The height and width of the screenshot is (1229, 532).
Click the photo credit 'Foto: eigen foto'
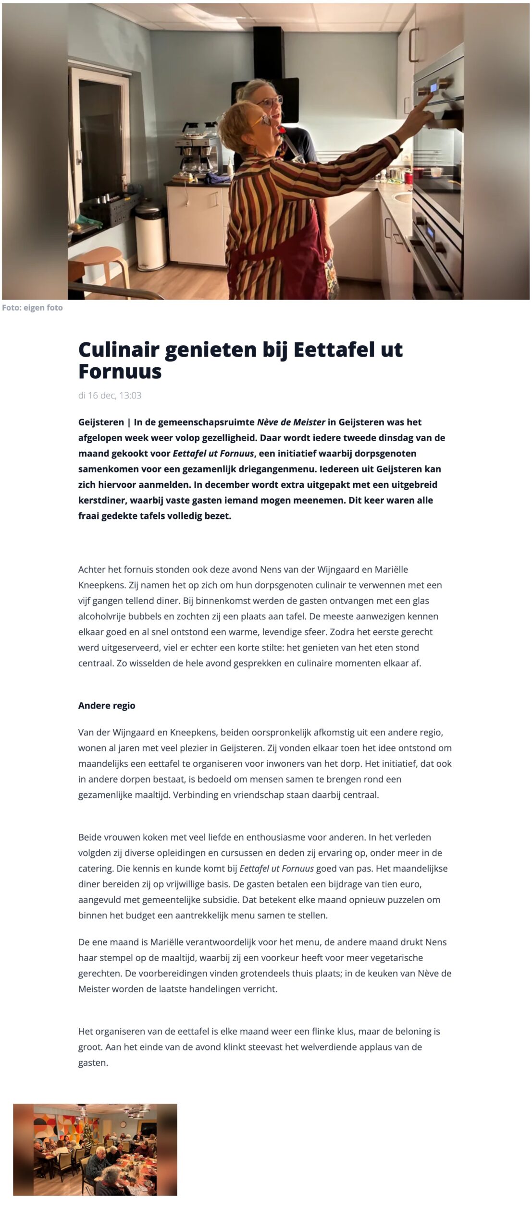point(32,308)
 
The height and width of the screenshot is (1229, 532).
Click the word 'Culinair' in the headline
point(118,349)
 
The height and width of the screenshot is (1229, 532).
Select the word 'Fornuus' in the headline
point(120,372)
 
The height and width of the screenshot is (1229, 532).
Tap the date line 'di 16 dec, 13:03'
point(110,396)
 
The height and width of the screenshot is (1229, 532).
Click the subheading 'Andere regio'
point(107,706)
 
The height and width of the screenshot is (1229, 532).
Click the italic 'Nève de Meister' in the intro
point(291,422)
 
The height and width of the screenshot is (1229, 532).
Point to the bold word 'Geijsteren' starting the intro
point(101,422)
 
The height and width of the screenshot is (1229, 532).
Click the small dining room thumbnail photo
point(95,1149)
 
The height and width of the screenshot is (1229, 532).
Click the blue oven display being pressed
point(433,88)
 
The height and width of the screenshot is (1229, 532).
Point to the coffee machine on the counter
point(197,144)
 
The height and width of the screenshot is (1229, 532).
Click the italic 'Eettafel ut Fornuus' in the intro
point(213,454)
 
